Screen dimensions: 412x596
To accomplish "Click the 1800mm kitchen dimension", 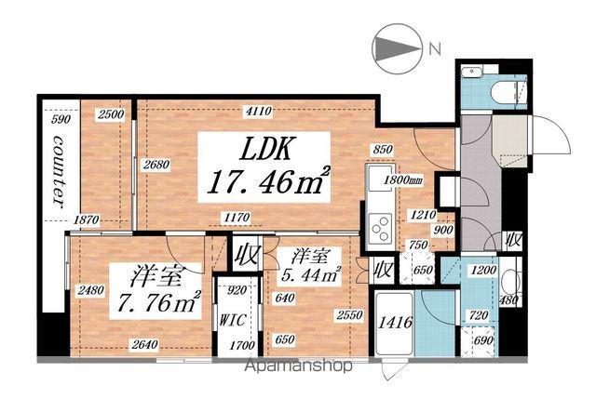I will click(x=403, y=179).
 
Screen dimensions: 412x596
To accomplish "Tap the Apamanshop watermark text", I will click(x=298, y=366).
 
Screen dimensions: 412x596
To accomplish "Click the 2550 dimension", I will click(x=350, y=314).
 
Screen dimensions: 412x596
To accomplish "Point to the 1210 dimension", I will click(x=423, y=215).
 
